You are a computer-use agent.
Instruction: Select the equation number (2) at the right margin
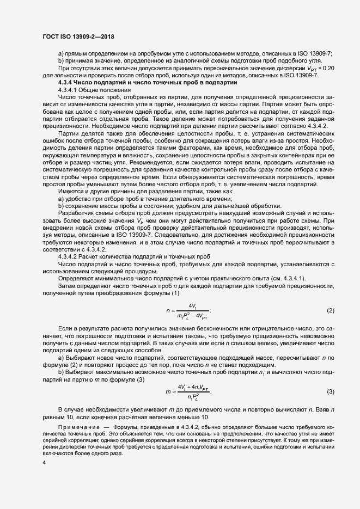330,311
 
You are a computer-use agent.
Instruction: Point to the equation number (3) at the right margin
330,391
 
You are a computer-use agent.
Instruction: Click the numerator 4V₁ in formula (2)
192,306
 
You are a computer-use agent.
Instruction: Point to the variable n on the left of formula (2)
168,311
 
